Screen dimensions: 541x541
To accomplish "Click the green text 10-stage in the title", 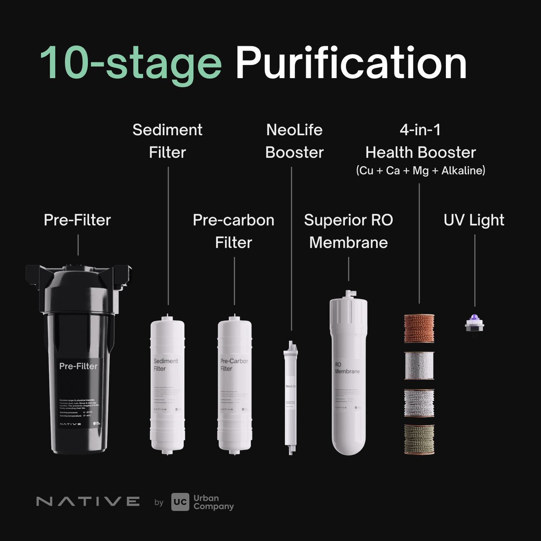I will coord(130,64).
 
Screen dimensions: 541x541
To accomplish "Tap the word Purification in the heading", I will coord(351,64).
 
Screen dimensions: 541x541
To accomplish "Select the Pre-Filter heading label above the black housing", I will coord(77,220).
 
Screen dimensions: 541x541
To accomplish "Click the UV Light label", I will coord(474,220).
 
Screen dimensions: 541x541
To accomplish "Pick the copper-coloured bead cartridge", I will coord(419,328).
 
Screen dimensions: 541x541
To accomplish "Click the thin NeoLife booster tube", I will coord(291,399).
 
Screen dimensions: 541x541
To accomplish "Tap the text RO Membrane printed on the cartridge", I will coord(347,368).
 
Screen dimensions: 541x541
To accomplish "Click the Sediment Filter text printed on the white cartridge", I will coord(165,365).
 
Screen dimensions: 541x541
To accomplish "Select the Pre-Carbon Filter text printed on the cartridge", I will coord(234,365).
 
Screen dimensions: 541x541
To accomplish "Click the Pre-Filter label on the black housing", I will coord(78,366).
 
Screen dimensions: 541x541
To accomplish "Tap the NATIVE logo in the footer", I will coord(88,501).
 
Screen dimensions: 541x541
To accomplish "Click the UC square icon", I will coord(180,502).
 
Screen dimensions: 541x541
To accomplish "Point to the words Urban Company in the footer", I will coord(213,502).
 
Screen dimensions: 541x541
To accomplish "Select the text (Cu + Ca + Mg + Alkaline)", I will coord(420,170).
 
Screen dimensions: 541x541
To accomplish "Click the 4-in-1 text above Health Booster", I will coord(420,130).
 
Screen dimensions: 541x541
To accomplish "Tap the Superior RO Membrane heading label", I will coord(348,231).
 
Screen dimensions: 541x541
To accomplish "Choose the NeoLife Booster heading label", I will coord(294,141).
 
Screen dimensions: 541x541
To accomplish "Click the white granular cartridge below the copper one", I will coord(419,366).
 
